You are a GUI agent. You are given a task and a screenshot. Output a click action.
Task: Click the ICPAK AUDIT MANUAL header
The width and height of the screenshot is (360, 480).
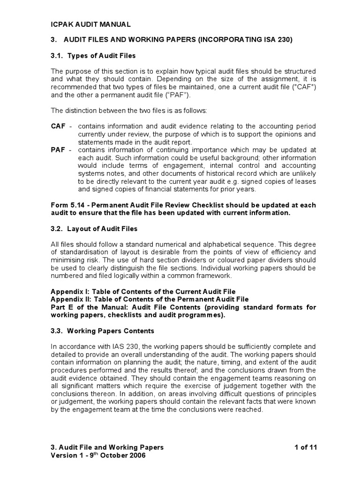tap(90, 24)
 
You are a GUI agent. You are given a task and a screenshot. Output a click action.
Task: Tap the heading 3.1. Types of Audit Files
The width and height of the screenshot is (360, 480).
tap(93, 56)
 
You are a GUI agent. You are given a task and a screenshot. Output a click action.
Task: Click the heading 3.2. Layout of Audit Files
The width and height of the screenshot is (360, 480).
tap(94, 229)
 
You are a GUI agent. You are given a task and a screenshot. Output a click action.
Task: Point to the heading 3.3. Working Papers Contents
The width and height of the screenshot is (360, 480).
tap(102, 331)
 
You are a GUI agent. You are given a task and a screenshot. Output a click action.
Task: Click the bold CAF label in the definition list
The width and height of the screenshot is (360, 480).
tap(58, 127)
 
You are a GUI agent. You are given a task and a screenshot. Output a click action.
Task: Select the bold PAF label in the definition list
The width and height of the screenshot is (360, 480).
tap(58, 150)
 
